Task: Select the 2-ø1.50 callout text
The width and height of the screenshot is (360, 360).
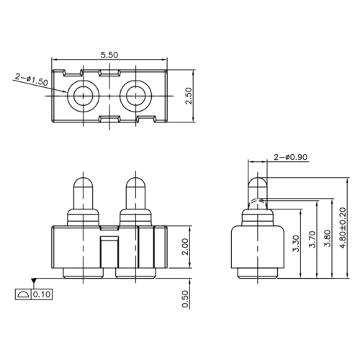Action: coord(31,81)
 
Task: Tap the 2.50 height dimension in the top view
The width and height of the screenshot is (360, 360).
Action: coord(189,95)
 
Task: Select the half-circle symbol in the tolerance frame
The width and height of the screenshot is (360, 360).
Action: coord(22,294)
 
